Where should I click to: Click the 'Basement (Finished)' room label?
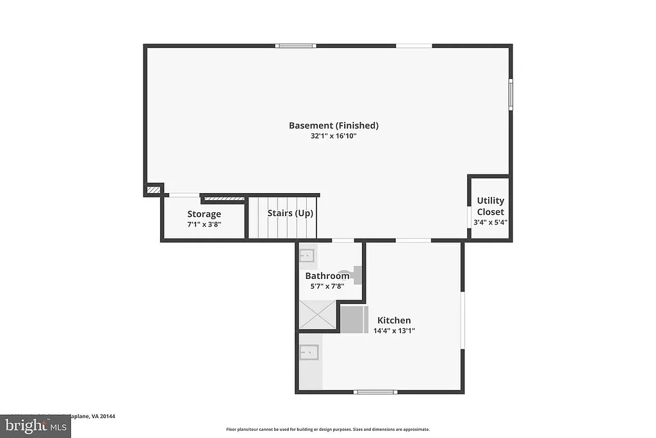click(333, 126)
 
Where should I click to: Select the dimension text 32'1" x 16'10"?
click(333, 136)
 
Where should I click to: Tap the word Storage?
click(204, 214)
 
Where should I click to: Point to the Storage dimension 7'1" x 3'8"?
click(204, 224)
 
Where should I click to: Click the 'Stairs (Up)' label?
click(290, 214)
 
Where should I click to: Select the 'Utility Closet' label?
click(490, 206)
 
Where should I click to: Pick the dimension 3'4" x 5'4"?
click(490, 222)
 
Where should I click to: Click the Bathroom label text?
click(327, 276)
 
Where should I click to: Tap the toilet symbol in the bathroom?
click(354, 274)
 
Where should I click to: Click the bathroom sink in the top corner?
click(307, 257)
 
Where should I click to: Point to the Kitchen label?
click(394, 321)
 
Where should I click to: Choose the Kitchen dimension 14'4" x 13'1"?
click(394, 331)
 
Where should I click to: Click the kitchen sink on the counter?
click(309, 353)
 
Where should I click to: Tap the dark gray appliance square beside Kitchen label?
click(354, 319)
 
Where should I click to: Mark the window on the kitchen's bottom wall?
click(375, 391)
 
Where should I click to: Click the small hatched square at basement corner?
click(153, 190)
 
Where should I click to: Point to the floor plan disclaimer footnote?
click(327, 430)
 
